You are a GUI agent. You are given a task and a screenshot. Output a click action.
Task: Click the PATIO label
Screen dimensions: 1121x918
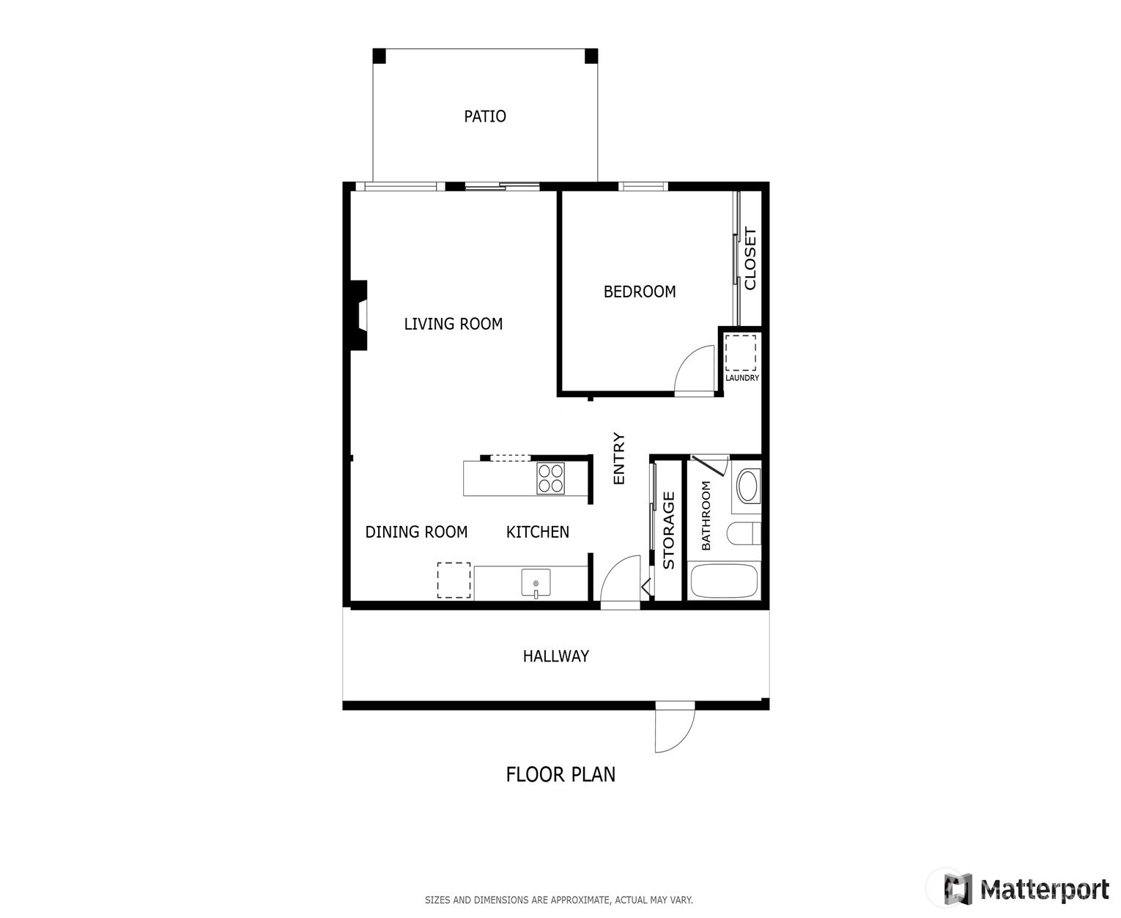[484, 116]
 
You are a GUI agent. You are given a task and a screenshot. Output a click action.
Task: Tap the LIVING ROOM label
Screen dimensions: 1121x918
[453, 324]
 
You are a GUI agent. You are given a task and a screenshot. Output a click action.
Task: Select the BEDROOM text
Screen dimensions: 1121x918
[640, 292]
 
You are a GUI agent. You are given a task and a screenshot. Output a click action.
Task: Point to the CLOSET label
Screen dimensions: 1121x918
[750, 259]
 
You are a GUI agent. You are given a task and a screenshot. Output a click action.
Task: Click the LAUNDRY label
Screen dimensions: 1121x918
[742, 378]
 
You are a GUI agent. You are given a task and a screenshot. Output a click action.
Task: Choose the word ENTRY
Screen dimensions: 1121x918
[618, 458]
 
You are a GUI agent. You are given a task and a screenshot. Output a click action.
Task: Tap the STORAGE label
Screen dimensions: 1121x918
[668, 530]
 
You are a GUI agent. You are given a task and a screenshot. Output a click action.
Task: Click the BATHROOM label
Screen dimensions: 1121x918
[706, 516]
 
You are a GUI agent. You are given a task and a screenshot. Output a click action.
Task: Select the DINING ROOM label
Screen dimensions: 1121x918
[416, 532]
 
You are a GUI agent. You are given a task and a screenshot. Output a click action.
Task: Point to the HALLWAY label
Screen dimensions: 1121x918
[556, 656]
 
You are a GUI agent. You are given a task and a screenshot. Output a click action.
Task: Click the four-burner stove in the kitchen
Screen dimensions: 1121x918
[551, 479]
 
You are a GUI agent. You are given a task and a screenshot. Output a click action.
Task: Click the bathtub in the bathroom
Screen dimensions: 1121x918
[724, 581]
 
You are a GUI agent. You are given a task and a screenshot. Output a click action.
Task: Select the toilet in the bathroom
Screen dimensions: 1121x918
[743, 533]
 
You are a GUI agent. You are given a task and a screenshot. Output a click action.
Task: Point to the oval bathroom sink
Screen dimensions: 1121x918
[748, 485]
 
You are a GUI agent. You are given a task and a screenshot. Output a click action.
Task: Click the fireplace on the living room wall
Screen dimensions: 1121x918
[358, 315]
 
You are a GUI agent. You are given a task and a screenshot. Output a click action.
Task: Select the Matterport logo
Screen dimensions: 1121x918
[1026, 889]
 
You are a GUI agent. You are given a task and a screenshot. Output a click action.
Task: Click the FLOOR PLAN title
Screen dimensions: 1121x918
[560, 774]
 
